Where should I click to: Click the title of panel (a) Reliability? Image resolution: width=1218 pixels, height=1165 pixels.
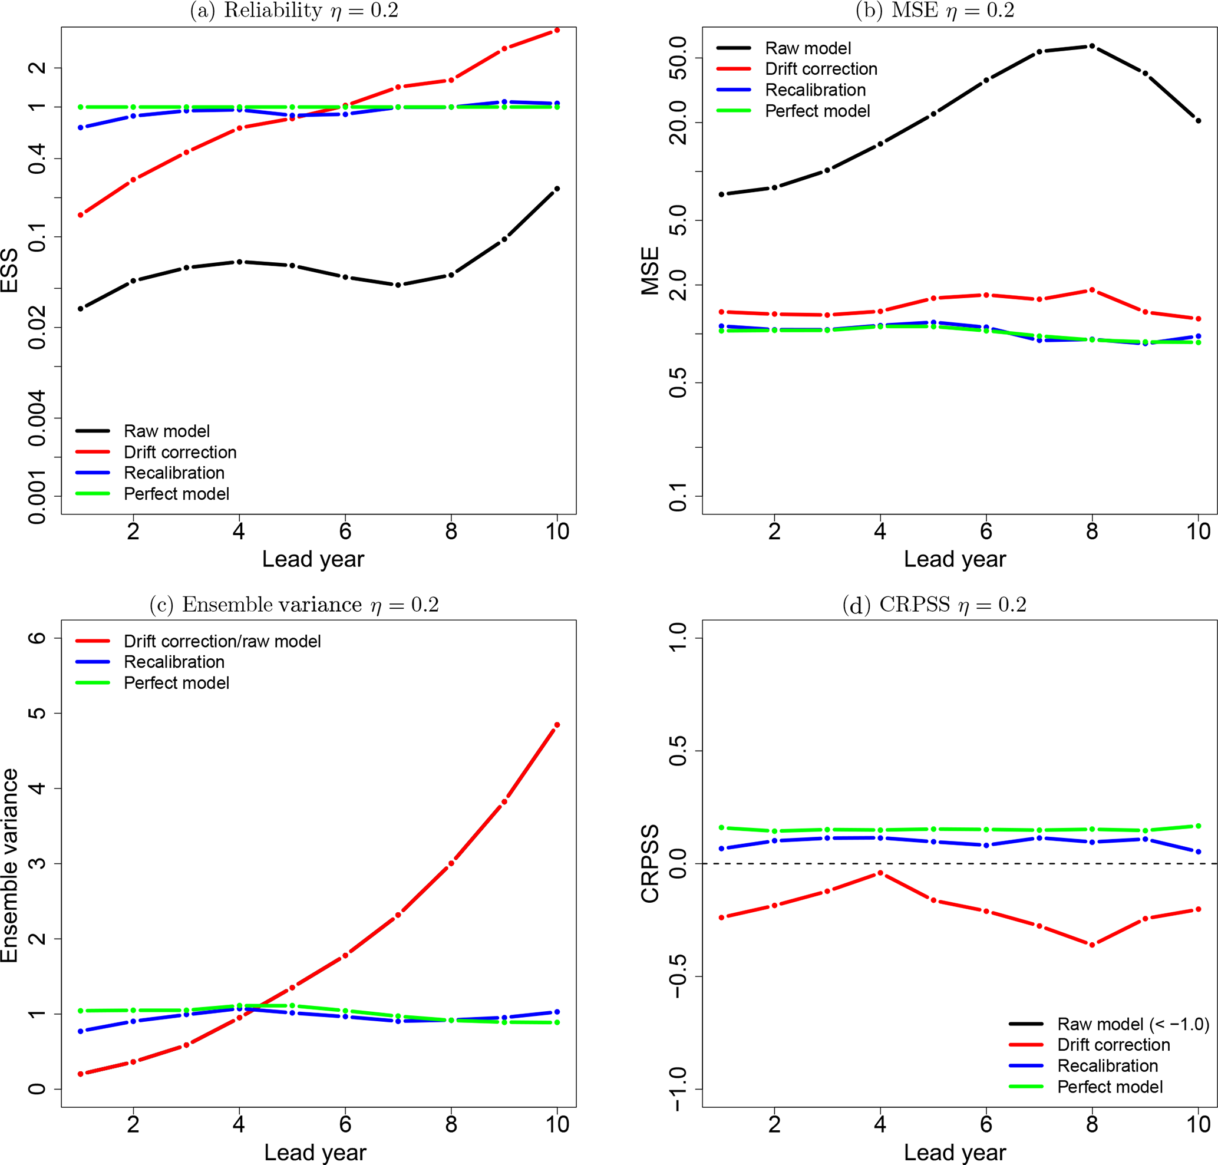click(294, 11)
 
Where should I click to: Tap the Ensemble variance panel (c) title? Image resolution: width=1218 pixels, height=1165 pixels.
click(294, 604)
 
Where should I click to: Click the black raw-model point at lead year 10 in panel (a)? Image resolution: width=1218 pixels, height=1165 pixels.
click(556, 189)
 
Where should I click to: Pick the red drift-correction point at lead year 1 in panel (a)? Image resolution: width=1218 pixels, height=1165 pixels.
click(80, 215)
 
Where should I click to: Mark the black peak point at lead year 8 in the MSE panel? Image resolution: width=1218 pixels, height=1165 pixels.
click(1092, 47)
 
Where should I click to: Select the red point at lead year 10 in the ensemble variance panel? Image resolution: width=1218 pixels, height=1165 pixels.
click(556, 725)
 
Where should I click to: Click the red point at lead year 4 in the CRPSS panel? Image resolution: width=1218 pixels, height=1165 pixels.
click(880, 874)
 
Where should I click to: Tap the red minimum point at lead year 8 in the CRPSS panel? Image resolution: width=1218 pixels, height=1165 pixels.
click(1092, 945)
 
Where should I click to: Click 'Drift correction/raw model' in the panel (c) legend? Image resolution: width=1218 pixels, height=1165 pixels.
click(222, 641)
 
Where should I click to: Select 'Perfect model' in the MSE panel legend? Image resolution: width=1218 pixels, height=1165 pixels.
click(817, 111)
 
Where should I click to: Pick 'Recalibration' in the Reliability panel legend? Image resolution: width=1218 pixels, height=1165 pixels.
click(174, 473)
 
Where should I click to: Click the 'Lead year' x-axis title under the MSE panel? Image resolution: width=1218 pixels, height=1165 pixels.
click(955, 559)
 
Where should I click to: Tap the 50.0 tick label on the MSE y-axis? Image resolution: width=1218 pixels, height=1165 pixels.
click(678, 58)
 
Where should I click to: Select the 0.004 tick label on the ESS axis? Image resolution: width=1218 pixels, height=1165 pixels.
click(37, 418)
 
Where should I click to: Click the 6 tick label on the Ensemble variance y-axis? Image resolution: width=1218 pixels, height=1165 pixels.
click(37, 638)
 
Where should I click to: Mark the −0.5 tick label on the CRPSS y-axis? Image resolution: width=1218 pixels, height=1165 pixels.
click(678, 976)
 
